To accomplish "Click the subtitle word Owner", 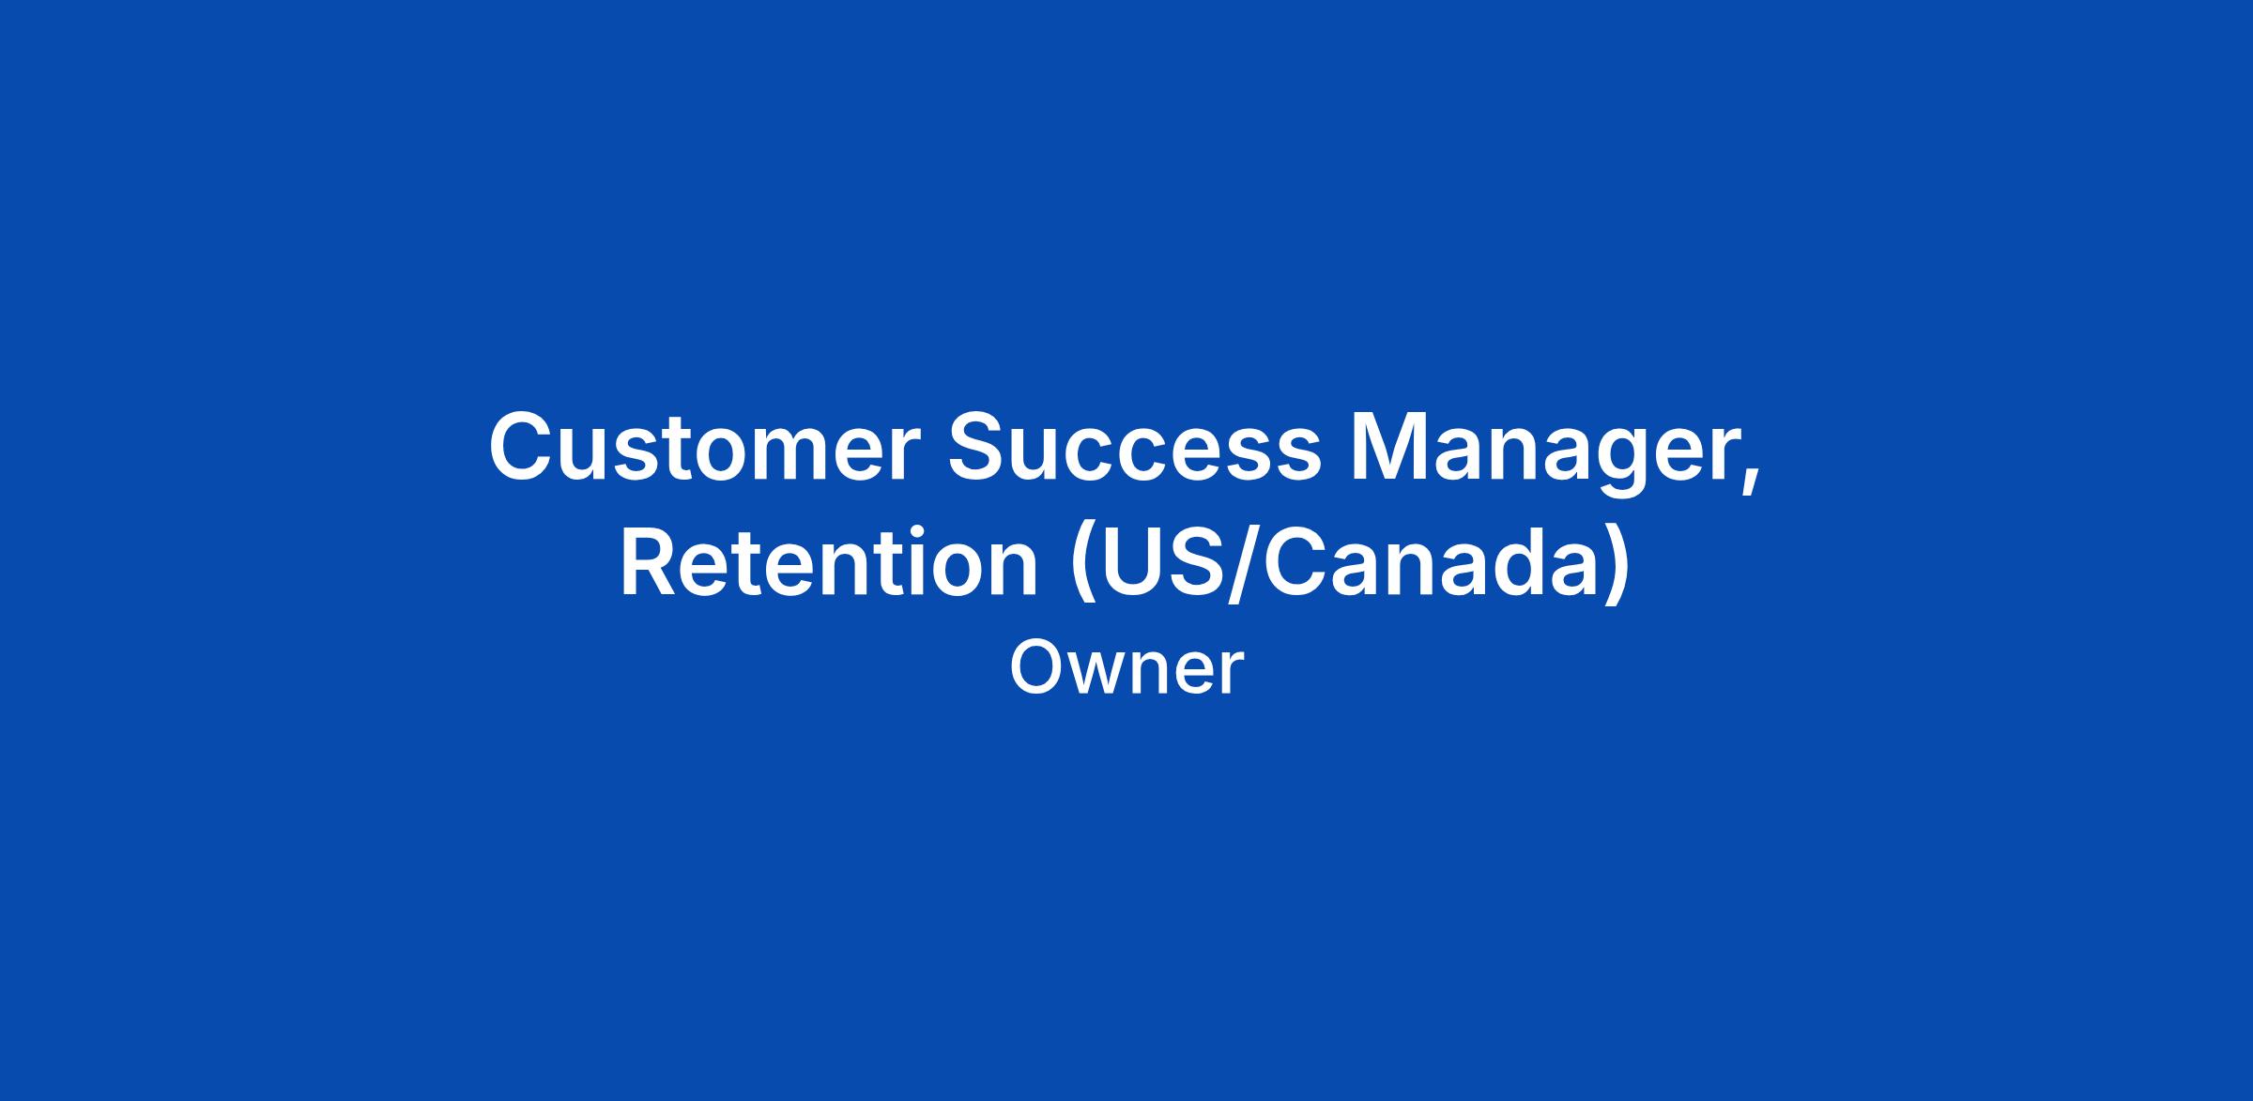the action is (1126, 667).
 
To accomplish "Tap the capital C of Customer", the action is (521, 448).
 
